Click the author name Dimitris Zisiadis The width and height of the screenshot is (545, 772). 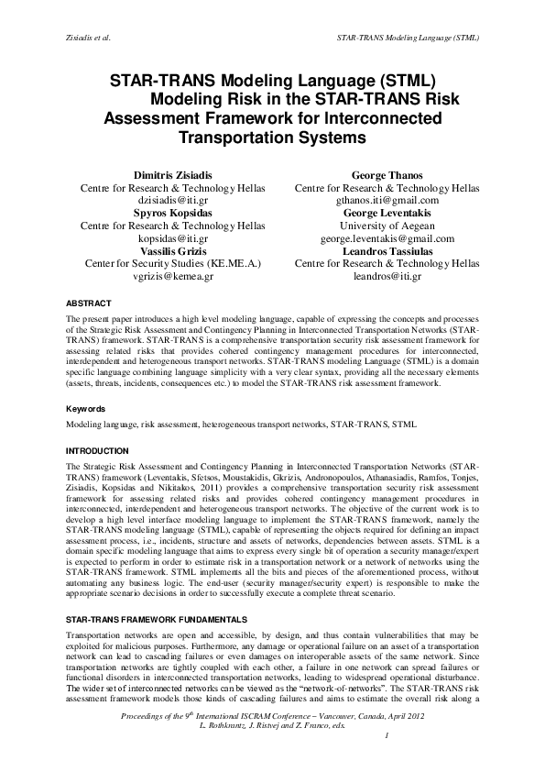173,174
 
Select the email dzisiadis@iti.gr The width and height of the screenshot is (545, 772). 173,200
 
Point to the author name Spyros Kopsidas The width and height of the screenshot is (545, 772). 173,213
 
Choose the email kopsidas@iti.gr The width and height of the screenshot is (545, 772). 173,237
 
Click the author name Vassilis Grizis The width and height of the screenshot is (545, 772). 173,250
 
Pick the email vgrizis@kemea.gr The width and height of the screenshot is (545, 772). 173,276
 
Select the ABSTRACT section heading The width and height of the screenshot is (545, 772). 89,303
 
